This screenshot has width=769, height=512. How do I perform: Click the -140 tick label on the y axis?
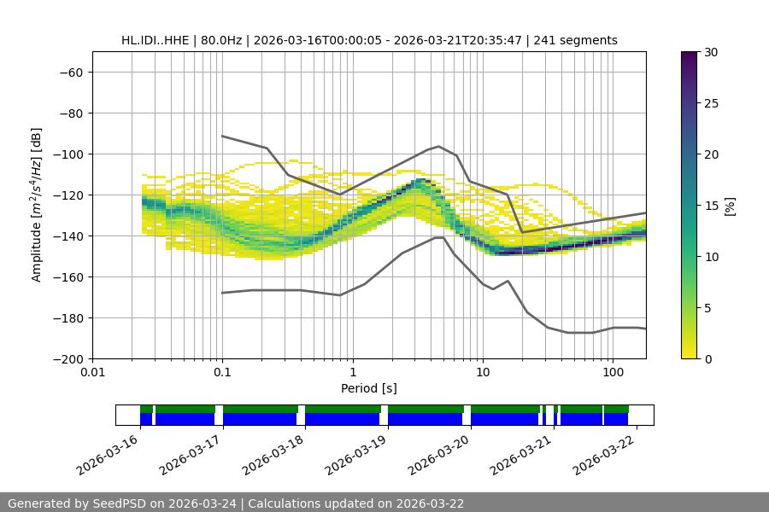tap(67, 236)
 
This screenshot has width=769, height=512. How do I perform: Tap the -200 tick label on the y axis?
tap(67, 358)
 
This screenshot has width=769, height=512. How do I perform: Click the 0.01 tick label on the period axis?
tap(92, 373)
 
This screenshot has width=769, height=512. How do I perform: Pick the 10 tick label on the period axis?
tap(482, 373)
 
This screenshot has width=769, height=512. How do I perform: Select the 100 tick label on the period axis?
tap(612, 373)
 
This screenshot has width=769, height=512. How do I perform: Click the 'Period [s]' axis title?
tap(368, 388)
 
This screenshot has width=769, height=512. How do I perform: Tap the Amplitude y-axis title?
tap(36, 205)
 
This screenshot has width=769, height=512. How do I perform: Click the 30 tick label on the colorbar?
tap(710, 52)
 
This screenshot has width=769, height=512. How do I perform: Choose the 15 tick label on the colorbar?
tap(710, 205)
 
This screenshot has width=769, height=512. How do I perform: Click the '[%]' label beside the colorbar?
tap(730, 205)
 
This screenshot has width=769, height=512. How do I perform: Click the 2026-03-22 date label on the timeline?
tap(605, 454)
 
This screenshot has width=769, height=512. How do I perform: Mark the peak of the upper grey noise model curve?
tap(438, 146)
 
